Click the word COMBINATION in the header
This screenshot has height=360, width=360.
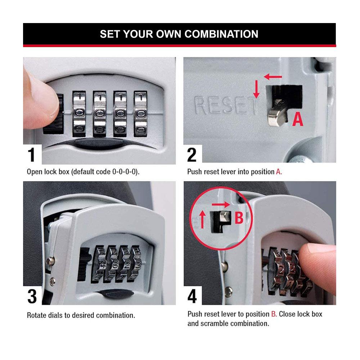click(x=221, y=34)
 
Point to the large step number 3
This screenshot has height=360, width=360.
click(x=32, y=296)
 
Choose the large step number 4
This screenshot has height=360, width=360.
click(x=192, y=296)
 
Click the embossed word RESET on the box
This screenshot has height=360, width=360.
click(x=225, y=105)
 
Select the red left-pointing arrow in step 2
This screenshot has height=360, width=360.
click(x=273, y=77)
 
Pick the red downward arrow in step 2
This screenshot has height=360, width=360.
click(x=256, y=89)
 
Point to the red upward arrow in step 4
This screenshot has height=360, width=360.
click(x=202, y=220)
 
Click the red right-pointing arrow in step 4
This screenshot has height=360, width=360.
click(x=221, y=204)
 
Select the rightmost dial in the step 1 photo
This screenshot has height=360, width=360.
click(x=140, y=114)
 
